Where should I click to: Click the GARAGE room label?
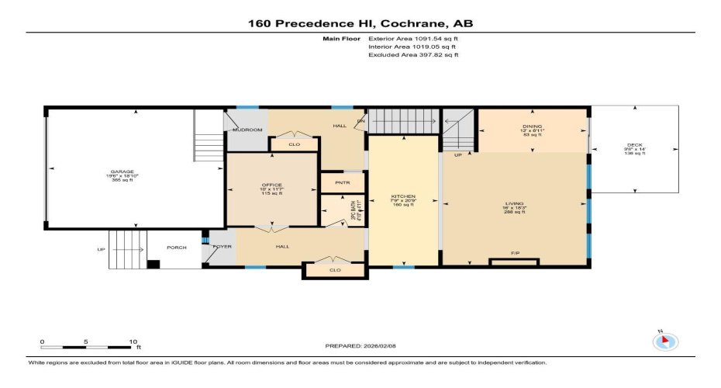pos(122,171)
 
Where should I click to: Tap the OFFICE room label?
pos(271,184)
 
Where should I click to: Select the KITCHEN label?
pos(403,196)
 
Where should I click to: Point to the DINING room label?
pos(532,126)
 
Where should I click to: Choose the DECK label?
pos(634,145)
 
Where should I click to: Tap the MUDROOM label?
pos(248,130)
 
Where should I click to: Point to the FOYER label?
pos(222,246)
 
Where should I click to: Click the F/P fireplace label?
pos(514,254)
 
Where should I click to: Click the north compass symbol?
pos(666,341)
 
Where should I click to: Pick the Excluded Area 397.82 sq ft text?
pos(413,55)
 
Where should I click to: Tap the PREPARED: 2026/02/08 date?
pos(360,345)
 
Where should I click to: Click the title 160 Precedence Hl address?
pos(360,23)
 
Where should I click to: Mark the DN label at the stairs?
pos(360,121)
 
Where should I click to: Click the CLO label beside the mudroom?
pos(293,144)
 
